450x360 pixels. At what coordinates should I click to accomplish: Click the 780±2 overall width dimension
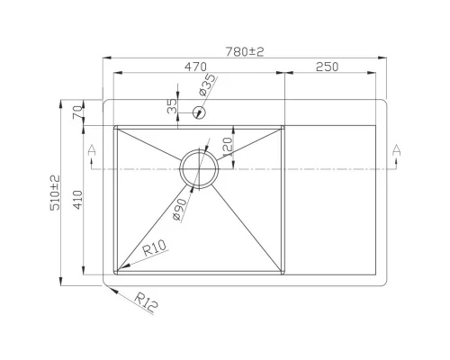(x=245, y=51)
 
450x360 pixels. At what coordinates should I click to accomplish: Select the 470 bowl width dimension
(x=195, y=67)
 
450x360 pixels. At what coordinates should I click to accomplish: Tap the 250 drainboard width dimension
(x=327, y=67)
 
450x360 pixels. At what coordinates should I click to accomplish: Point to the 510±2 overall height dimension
(x=55, y=193)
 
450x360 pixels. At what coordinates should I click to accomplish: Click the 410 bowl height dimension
(x=77, y=200)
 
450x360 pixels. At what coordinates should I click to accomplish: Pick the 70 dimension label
(x=77, y=112)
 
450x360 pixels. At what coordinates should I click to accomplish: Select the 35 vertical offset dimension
(x=172, y=106)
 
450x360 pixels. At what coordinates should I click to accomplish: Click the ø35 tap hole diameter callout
(x=207, y=85)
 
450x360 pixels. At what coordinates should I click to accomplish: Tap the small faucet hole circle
(x=199, y=112)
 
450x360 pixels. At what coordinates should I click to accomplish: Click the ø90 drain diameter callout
(x=180, y=210)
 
